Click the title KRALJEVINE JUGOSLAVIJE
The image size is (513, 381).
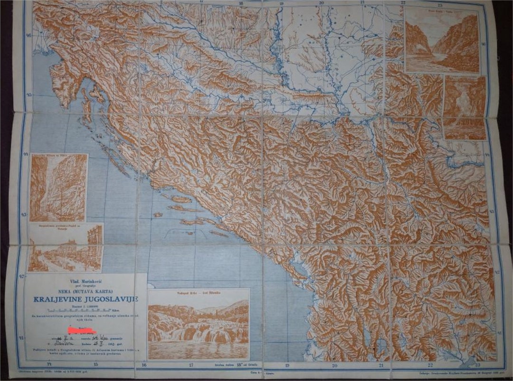point(85,299)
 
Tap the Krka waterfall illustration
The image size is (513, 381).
point(198,328)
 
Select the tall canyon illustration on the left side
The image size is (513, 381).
point(58,188)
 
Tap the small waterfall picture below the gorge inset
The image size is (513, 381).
point(464,108)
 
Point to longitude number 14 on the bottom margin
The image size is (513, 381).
point(48,365)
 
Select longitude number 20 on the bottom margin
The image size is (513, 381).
point(334,366)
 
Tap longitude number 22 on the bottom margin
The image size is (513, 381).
point(430,365)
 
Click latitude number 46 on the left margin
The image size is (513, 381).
point(28,36)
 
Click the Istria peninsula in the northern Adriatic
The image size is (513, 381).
point(64,83)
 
